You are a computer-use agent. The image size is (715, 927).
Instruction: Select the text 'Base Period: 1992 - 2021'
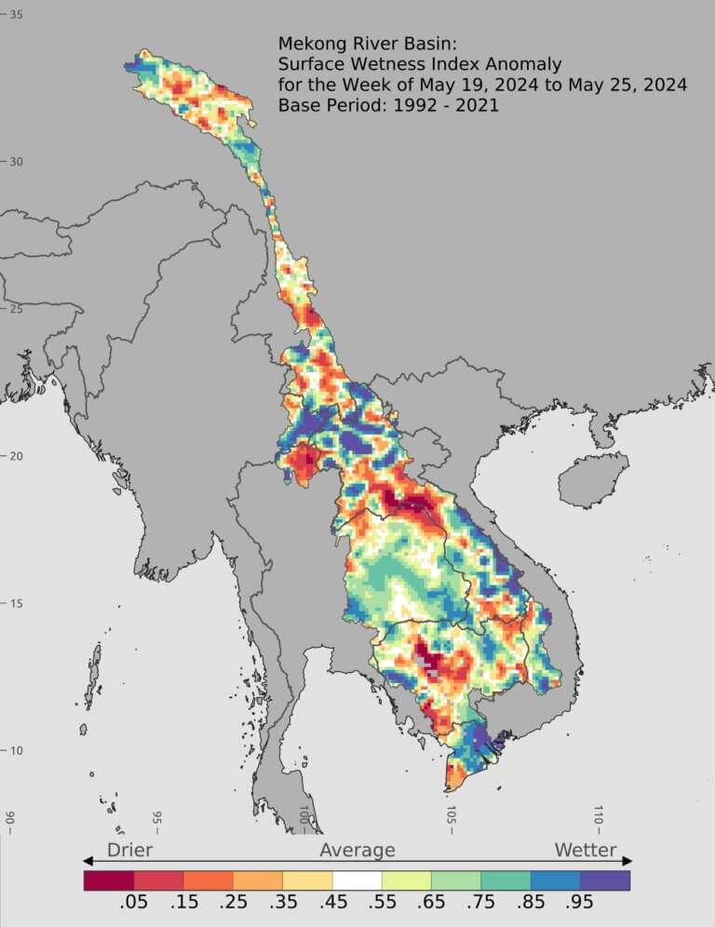point(388,105)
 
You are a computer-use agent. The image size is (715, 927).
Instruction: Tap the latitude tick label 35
point(16,14)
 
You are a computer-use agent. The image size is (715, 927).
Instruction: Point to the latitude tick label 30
point(16,161)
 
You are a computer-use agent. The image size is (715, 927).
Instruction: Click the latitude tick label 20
point(16,455)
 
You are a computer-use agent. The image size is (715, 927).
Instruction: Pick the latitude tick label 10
point(16,750)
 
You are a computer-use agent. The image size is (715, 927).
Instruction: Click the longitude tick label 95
point(156,818)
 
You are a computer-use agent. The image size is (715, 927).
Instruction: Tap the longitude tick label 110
point(599,815)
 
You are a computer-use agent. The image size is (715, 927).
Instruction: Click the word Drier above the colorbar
point(129,850)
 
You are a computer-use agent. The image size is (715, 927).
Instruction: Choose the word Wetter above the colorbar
point(586,850)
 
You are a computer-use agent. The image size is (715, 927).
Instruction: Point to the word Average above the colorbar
point(357,850)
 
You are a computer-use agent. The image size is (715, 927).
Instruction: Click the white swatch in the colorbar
point(357,880)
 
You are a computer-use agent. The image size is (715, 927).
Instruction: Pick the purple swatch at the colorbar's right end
point(605,880)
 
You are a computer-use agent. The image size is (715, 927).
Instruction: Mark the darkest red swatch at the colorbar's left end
point(108,880)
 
